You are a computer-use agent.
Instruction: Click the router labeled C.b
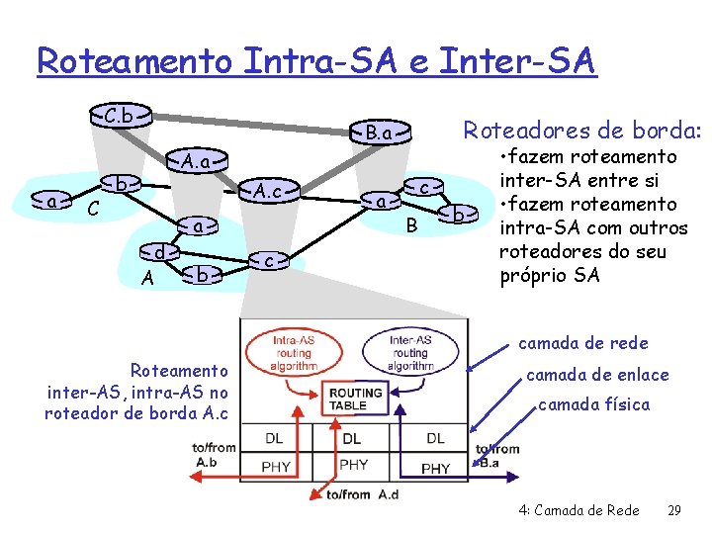[x=120, y=115]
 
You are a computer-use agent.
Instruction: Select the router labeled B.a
[x=380, y=133]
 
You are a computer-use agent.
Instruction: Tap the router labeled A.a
[x=195, y=159]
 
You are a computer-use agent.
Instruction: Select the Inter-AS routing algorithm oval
[x=409, y=351]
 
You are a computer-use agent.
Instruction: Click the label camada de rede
[x=583, y=343]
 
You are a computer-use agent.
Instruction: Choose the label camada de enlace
[x=597, y=375]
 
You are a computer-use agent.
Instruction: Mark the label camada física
[x=593, y=404]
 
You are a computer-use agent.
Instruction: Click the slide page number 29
[x=675, y=509]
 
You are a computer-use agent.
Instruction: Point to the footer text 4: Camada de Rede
[x=578, y=509]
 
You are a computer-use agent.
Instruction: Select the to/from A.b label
[x=215, y=455]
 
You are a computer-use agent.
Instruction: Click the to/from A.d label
[x=362, y=494]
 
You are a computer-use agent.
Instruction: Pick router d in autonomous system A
[x=159, y=254]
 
